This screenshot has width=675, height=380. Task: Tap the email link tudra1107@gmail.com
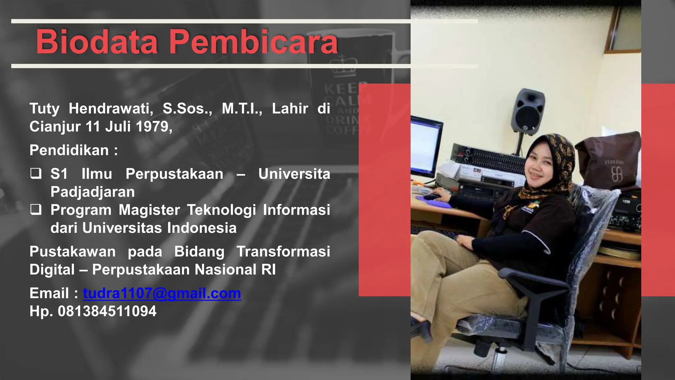coord(162,293)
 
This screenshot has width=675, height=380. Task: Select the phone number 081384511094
coord(107,311)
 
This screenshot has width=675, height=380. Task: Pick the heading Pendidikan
coord(69,150)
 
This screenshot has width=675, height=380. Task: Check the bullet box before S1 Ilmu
coord(36,174)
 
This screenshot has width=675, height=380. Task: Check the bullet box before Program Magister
coord(36,209)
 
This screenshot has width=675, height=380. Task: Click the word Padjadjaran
coord(93,192)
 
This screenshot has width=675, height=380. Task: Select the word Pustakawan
coord(73,251)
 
